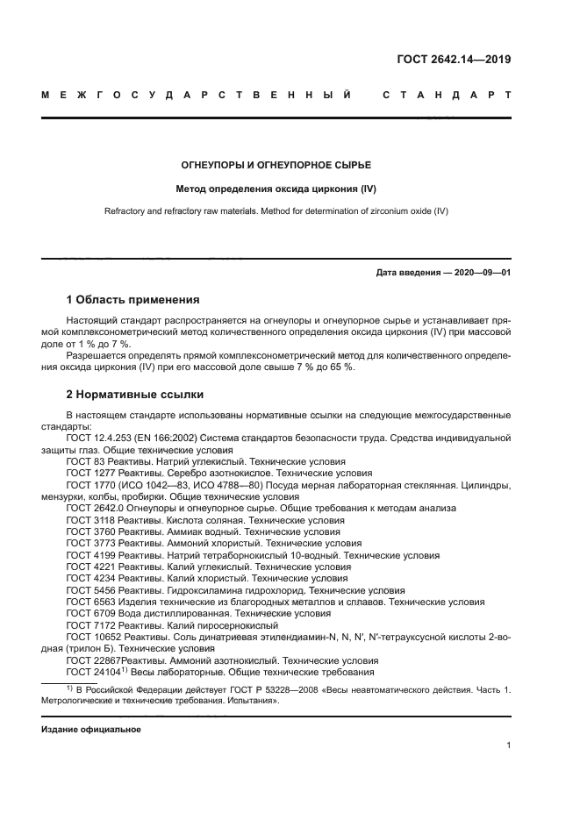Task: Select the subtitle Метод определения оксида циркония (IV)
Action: click(x=277, y=189)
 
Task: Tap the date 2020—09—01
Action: click(x=481, y=273)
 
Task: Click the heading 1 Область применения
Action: click(x=132, y=300)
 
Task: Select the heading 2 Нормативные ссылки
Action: click(x=135, y=394)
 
